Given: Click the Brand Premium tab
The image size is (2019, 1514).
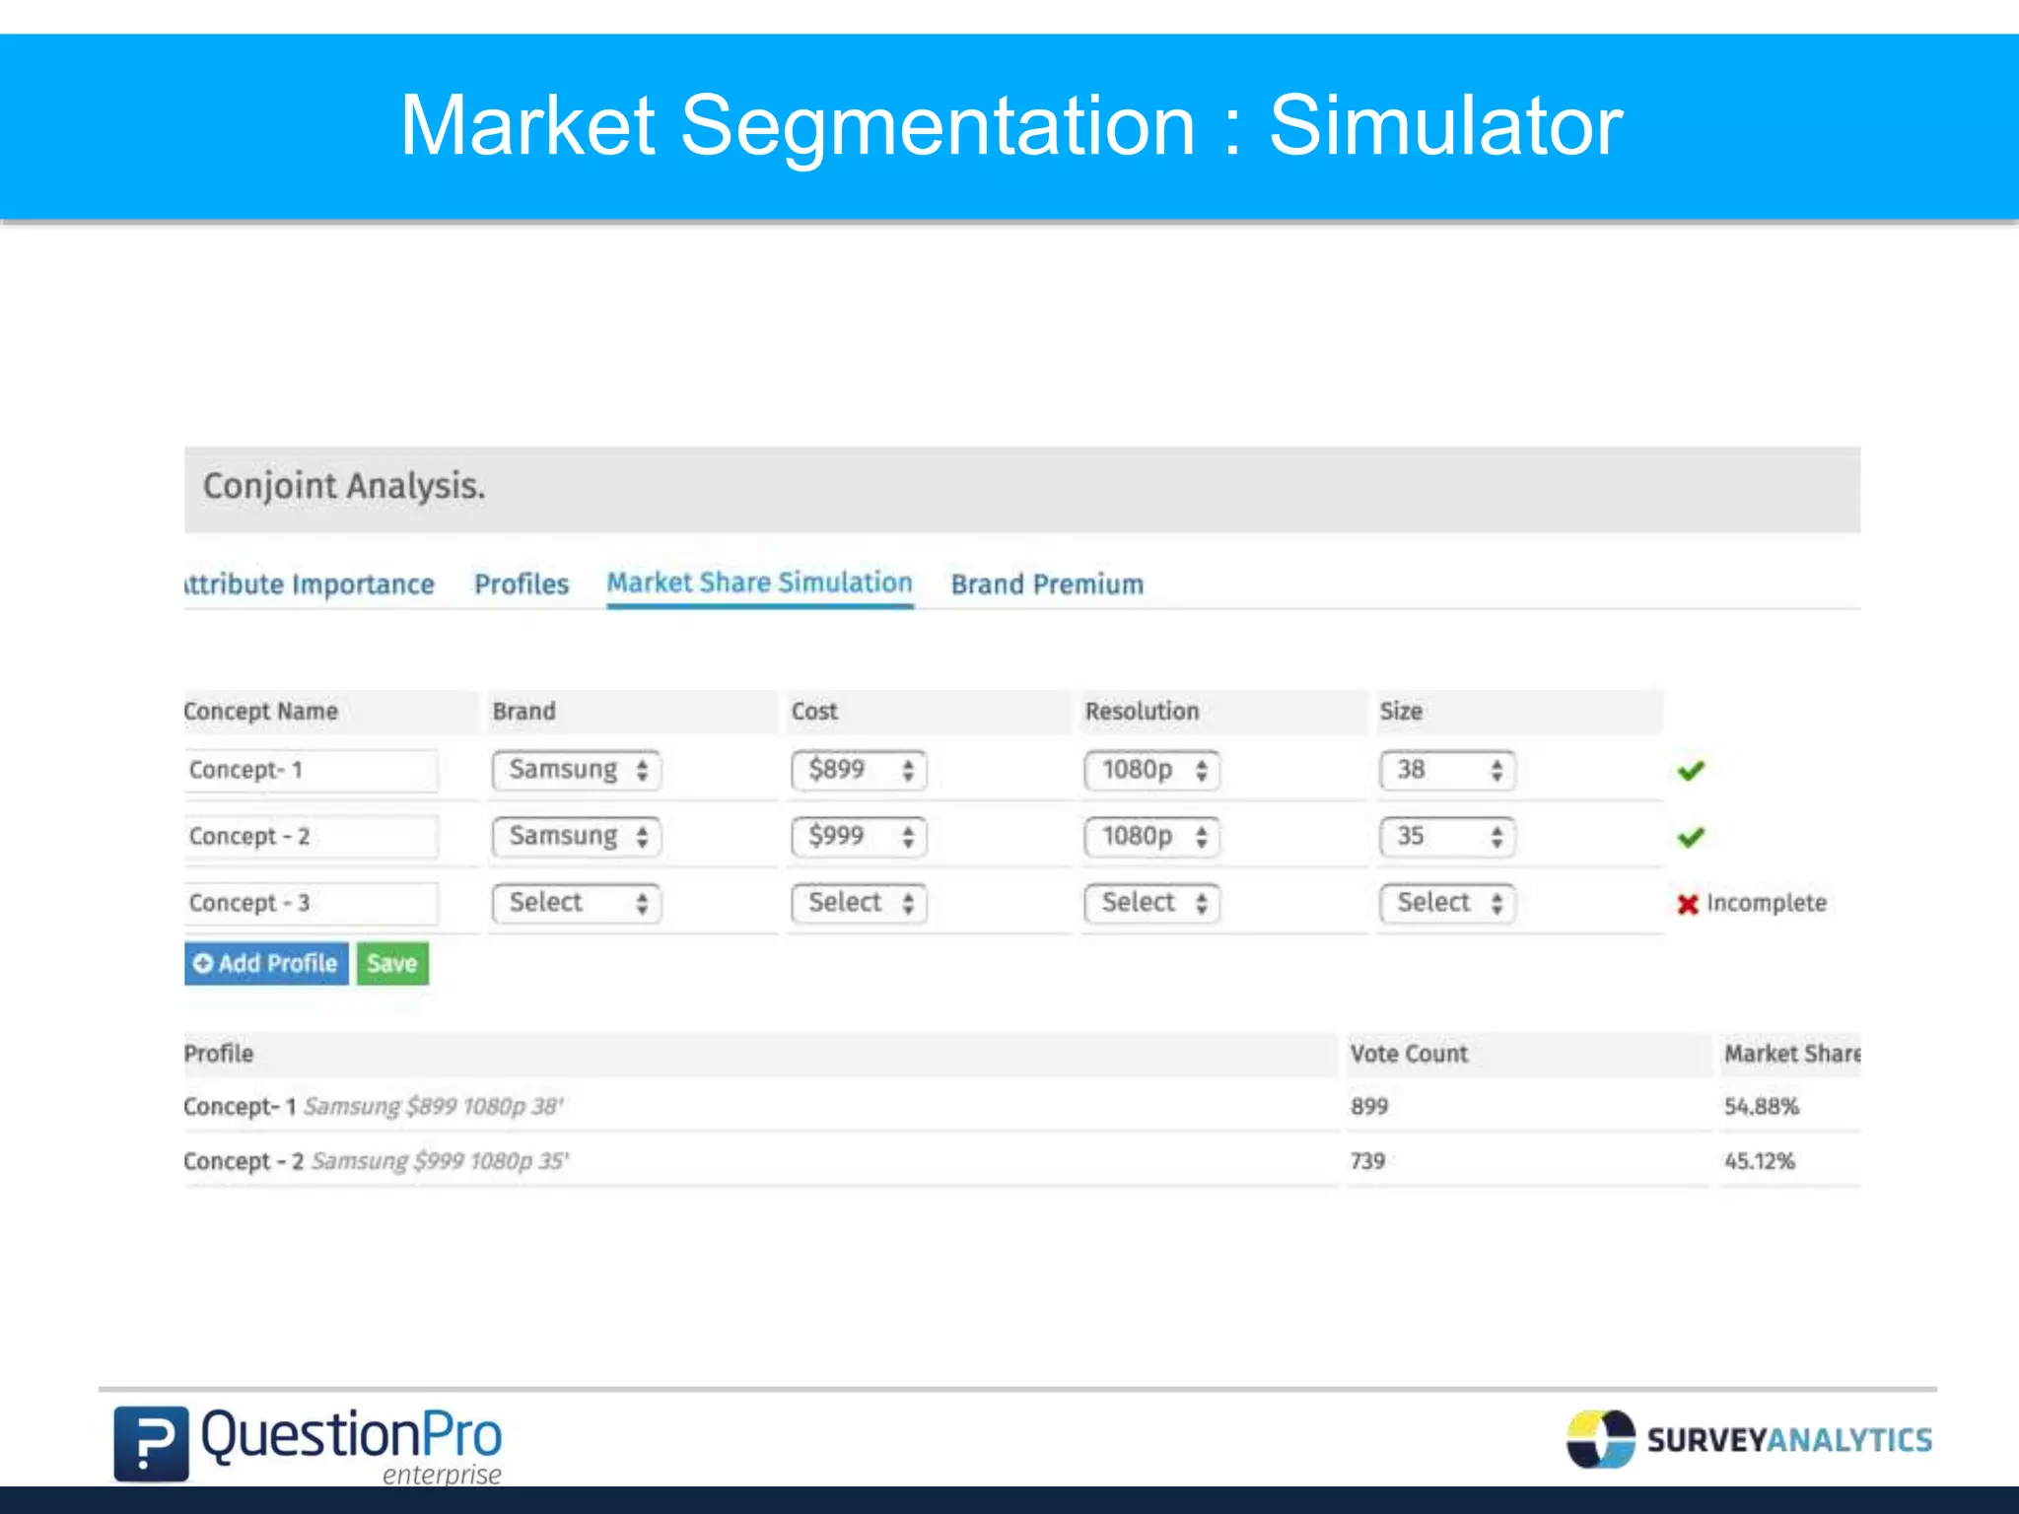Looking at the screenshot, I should pos(1047,585).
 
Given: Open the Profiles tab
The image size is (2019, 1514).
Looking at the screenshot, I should pos(522,585).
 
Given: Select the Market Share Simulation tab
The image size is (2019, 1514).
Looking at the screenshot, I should pos(759,584).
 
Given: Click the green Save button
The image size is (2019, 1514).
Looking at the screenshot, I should pos(392,963).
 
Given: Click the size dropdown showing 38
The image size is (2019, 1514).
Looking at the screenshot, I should pos(1446,770).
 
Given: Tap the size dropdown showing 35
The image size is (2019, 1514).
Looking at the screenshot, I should pos(1446,837).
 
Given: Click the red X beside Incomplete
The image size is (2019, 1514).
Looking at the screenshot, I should pos(1688,904).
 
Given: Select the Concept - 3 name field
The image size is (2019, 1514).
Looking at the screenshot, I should pos(311,903).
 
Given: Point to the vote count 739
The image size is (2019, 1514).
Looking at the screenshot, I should pos(1368,1161).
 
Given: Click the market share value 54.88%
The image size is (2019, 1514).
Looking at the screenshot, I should pos(1762,1107).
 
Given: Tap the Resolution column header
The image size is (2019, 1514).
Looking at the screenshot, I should pos(1142,712).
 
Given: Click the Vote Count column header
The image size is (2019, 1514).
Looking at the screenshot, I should pos(1409,1054).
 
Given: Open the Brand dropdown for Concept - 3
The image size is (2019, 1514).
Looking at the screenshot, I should pos(576,903).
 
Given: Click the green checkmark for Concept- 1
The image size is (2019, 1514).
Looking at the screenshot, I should pos(1691,771).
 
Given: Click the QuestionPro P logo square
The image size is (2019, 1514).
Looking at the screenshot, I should pos(151,1444).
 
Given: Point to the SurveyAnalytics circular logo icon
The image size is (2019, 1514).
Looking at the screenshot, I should pos(1600,1439).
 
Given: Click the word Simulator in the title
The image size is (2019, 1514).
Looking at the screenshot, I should pos(1445,126).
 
